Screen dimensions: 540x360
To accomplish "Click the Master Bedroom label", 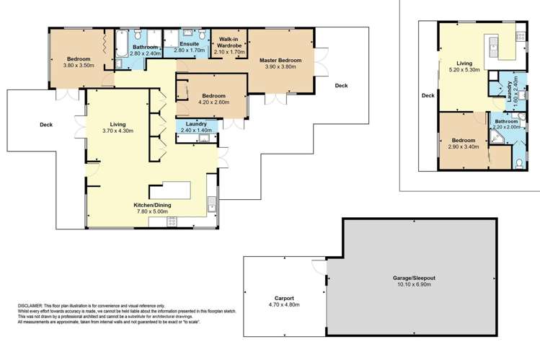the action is (x=280, y=61).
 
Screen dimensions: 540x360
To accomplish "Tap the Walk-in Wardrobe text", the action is (x=229, y=43).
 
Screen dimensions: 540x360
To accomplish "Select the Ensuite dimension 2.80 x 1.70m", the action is (x=189, y=51).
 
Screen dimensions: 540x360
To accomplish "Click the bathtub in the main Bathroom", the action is (x=121, y=43).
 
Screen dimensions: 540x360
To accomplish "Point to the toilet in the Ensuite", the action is (x=203, y=35).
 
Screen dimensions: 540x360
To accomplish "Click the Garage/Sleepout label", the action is (x=414, y=278).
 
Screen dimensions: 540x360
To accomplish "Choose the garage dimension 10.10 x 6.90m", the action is (x=414, y=284).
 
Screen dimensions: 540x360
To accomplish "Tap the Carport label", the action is (x=284, y=299).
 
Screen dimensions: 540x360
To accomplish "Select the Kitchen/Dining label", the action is (x=152, y=205).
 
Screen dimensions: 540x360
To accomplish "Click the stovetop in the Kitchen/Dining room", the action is (x=172, y=222).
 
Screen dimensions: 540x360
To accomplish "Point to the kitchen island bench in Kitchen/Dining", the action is (x=169, y=190).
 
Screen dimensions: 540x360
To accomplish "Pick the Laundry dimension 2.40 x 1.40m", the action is (x=196, y=130).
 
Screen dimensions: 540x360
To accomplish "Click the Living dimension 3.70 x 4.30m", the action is (x=118, y=131).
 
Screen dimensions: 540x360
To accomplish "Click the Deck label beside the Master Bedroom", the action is (x=341, y=85).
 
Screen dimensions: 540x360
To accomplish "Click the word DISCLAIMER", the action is (x=30, y=306).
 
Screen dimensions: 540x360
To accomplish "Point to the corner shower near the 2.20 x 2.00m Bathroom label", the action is (x=496, y=137).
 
